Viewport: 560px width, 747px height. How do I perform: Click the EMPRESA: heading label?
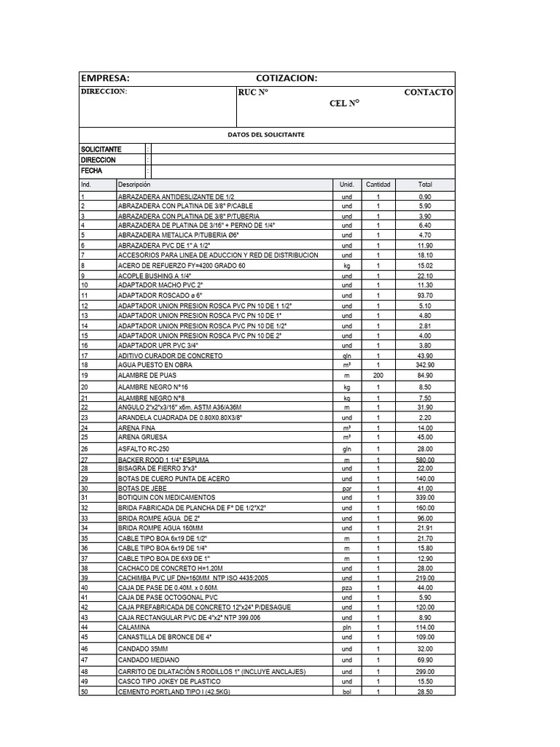click(105, 79)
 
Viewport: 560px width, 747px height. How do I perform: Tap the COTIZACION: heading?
click(287, 79)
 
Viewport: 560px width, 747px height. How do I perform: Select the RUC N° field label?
click(253, 93)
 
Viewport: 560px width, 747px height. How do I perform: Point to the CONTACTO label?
click(428, 93)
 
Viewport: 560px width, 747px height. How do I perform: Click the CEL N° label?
click(345, 104)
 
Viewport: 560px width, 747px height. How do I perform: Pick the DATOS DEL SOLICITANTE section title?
click(266, 135)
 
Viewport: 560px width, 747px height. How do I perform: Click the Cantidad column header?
click(378, 185)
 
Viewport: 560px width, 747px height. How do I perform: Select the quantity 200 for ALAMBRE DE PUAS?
click(378, 375)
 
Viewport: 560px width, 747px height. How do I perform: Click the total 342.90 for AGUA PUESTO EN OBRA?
click(425, 365)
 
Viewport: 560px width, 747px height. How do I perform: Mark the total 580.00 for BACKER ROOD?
click(425, 460)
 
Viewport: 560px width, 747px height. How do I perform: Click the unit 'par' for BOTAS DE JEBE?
click(346, 488)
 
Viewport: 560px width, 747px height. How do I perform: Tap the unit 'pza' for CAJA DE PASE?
click(346, 587)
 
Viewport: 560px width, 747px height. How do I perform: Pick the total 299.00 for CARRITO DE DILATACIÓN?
click(425, 671)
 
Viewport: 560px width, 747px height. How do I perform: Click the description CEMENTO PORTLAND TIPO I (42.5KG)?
click(174, 692)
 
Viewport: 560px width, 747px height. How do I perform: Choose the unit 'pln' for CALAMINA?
click(346, 627)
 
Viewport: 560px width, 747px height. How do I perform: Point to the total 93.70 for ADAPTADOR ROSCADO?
click(425, 295)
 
